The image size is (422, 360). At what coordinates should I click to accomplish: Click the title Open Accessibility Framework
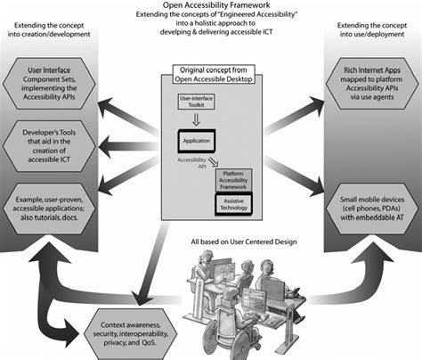(210, 5)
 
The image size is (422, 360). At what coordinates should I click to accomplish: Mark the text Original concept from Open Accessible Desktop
(210, 73)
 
